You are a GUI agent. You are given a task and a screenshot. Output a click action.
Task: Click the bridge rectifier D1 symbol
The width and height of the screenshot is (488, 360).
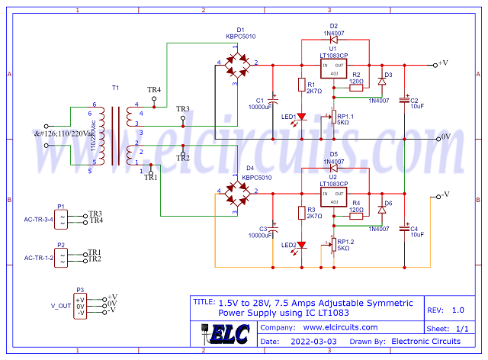(237, 63)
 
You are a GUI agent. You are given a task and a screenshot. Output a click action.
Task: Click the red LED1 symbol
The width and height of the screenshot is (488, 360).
(302, 116)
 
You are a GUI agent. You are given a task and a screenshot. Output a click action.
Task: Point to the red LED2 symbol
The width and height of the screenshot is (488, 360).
(302, 245)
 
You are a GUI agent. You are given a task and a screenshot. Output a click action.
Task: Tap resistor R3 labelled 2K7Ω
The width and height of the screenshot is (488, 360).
(302, 215)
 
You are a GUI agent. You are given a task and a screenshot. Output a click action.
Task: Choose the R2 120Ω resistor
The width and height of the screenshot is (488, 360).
(356, 88)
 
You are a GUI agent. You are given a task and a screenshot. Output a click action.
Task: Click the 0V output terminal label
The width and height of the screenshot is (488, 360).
(448, 137)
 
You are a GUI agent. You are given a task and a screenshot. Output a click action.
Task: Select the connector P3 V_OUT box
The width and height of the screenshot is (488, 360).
(81, 305)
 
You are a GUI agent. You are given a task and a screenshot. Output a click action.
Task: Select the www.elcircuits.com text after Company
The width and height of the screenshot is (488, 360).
(336, 327)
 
